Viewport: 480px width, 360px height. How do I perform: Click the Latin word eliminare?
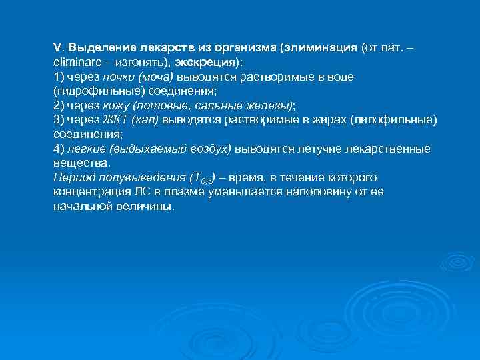click(75, 63)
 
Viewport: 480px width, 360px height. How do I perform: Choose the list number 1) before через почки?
click(59, 77)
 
